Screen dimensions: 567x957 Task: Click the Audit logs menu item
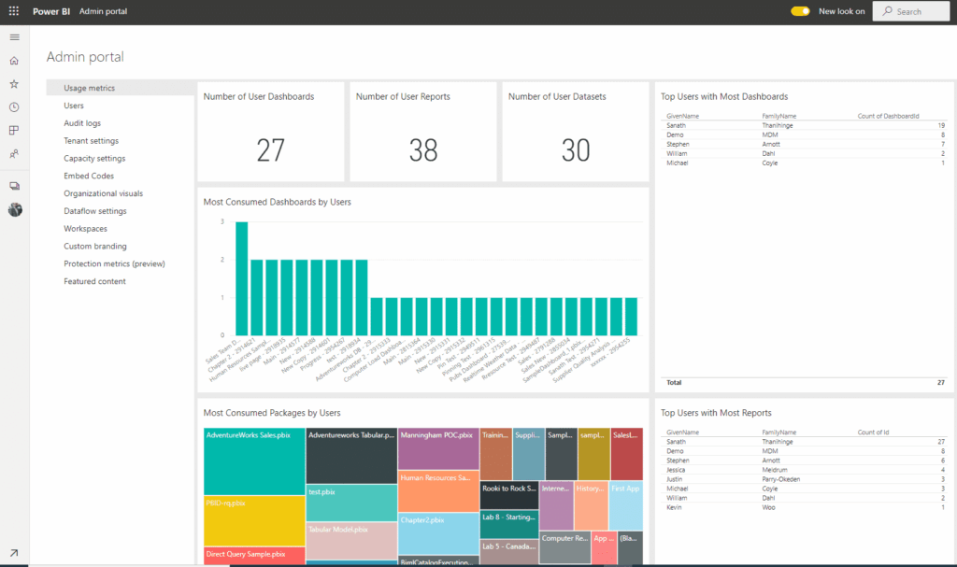click(x=82, y=123)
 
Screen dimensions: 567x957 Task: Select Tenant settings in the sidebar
click(x=91, y=141)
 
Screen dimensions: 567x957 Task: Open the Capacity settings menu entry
click(x=94, y=159)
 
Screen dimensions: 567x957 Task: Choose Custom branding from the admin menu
click(x=94, y=247)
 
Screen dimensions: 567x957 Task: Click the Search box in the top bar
click(x=911, y=11)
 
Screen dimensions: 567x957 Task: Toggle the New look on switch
click(x=800, y=11)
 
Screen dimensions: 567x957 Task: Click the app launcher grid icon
click(x=14, y=11)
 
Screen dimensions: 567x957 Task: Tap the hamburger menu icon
click(x=14, y=37)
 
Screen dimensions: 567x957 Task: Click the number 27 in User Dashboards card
click(x=270, y=149)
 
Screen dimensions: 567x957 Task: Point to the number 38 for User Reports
click(x=423, y=149)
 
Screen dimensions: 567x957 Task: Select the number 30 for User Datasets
click(x=576, y=149)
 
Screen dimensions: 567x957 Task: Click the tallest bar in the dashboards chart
click(x=241, y=278)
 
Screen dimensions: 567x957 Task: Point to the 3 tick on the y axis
click(x=221, y=221)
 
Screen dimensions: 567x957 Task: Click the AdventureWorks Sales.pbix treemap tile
click(x=254, y=461)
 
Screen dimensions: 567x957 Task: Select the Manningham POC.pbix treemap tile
click(x=438, y=448)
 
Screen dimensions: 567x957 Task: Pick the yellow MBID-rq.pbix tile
click(x=254, y=519)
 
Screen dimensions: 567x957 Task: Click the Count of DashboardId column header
click(x=888, y=116)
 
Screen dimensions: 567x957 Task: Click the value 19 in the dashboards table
click(x=940, y=125)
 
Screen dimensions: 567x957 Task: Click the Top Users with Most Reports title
click(x=716, y=413)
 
